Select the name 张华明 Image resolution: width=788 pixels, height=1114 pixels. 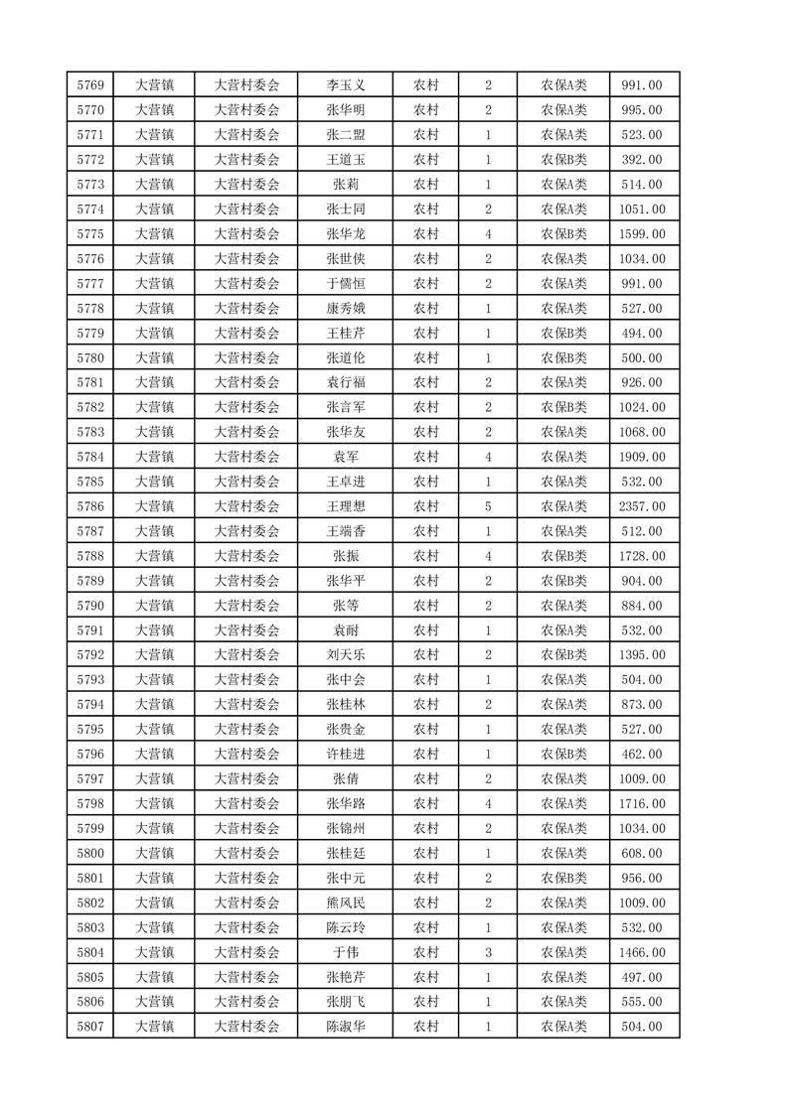(346, 110)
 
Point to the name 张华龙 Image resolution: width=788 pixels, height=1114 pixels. (346, 234)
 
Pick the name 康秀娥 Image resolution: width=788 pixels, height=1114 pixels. (346, 309)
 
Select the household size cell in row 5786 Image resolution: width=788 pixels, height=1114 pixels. (488, 506)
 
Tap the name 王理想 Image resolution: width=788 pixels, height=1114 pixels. (346, 506)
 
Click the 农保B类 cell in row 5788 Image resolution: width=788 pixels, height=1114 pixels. (563, 556)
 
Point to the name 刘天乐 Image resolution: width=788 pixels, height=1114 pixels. (346, 655)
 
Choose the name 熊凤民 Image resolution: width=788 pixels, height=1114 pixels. (346, 903)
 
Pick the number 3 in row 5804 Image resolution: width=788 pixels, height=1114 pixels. (488, 952)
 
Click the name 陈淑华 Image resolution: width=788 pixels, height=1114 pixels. (346, 1027)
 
